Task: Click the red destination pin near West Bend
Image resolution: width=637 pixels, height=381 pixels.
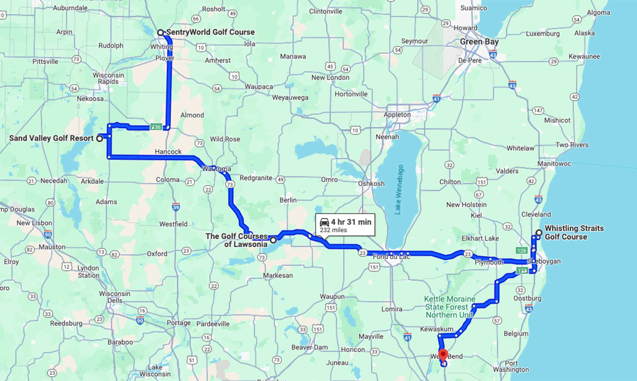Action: click(x=443, y=355)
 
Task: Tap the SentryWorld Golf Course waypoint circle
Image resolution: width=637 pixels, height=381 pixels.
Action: click(x=160, y=33)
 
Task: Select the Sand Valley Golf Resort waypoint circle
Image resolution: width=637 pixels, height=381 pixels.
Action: click(x=100, y=139)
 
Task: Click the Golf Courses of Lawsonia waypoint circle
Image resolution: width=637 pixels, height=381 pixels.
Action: click(x=273, y=240)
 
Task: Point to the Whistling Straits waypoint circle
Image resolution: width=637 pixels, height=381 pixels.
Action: click(x=539, y=233)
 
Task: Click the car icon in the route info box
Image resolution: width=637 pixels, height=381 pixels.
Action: click(x=324, y=222)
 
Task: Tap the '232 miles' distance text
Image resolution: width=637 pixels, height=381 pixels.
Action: click(x=333, y=230)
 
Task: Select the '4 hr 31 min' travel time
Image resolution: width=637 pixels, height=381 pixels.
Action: click(x=351, y=222)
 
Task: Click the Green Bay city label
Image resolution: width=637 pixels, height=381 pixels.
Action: click(x=479, y=42)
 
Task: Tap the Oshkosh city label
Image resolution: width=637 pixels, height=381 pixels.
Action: click(x=371, y=184)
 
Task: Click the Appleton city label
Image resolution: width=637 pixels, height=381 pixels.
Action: click(x=397, y=115)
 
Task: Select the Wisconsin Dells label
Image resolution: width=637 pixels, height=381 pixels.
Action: click(x=115, y=297)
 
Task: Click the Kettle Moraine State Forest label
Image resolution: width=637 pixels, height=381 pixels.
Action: click(x=449, y=307)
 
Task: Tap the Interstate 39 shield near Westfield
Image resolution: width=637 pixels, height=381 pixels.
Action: click(x=176, y=207)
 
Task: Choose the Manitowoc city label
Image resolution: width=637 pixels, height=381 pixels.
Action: click(x=554, y=164)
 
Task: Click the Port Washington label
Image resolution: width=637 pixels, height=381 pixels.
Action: click(x=511, y=366)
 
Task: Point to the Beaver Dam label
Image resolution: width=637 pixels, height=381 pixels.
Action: click(x=309, y=347)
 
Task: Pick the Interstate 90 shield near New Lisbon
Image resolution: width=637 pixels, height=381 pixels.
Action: click(x=48, y=235)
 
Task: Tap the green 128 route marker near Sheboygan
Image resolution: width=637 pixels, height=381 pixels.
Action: click(x=521, y=250)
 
